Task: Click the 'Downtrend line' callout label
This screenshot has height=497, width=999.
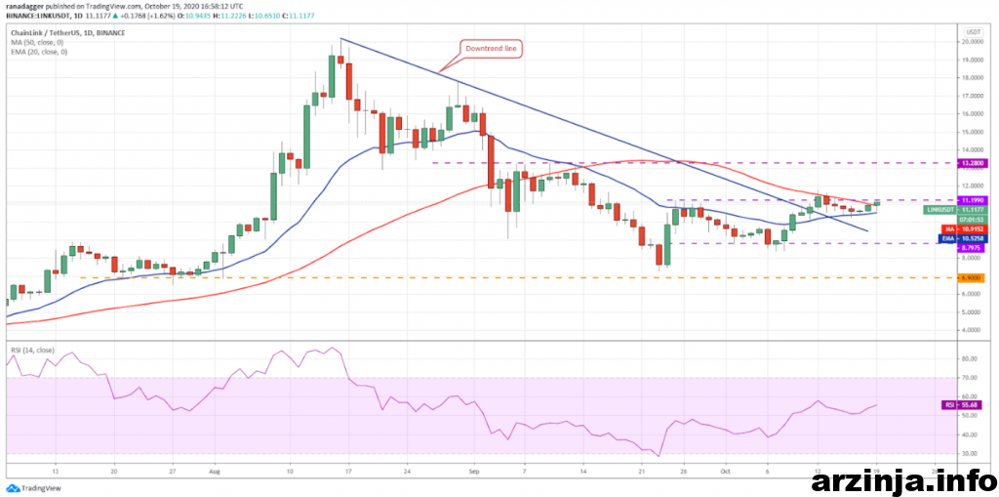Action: point(493,48)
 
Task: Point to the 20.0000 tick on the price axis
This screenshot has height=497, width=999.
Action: point(970,42)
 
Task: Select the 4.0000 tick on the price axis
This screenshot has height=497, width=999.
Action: point(970,330)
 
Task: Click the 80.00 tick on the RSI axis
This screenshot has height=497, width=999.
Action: point(969,360)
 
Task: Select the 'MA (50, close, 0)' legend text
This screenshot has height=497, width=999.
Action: point(36,42)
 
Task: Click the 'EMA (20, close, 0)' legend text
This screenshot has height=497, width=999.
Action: point(38,52)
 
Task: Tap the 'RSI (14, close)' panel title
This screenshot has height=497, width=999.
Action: point(34,350)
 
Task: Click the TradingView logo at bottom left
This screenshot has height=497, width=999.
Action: point(30,487)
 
